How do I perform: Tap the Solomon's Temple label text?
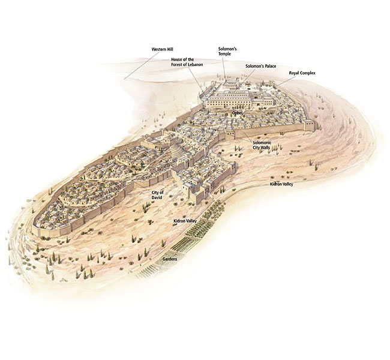click(228, 50)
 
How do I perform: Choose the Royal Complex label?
click(302, 73)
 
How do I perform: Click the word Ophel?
click(238, 112)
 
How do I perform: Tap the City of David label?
click(158, 194)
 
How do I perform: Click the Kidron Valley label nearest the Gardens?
click(185, 221)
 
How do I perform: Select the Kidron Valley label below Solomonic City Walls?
click(281, 184)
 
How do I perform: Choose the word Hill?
click(170, 48)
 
